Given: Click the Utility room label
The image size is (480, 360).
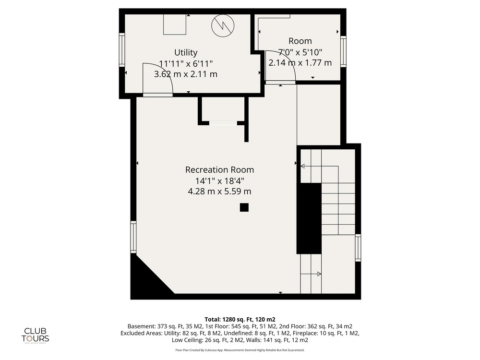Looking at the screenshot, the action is [185, 52].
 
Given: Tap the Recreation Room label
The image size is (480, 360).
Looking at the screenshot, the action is [219, 169].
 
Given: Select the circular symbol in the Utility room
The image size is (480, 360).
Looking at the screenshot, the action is [223, 25].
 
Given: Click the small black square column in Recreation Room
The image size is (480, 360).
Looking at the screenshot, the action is [244, 207].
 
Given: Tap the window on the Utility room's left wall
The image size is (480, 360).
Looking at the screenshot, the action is [122, 50].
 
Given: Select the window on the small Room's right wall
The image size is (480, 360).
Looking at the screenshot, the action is [344, 51].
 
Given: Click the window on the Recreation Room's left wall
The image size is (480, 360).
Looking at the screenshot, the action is [133, 237].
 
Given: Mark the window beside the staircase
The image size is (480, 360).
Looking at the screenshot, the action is [358, 248].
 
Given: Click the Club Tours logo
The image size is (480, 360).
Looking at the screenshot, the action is [35, 335].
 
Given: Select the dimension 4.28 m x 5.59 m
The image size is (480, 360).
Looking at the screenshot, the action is [219, 192].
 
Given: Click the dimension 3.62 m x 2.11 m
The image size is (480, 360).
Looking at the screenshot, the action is [185, 74].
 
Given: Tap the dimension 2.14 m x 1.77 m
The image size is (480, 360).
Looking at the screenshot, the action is [300, 63].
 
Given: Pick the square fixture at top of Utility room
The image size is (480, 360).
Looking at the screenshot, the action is [175, 24].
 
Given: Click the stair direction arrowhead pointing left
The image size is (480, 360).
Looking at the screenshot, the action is [302, 166].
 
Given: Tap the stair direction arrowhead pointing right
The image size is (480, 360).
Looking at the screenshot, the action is [319, 274].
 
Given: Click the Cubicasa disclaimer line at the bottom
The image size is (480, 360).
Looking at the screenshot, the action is [240, 350].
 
